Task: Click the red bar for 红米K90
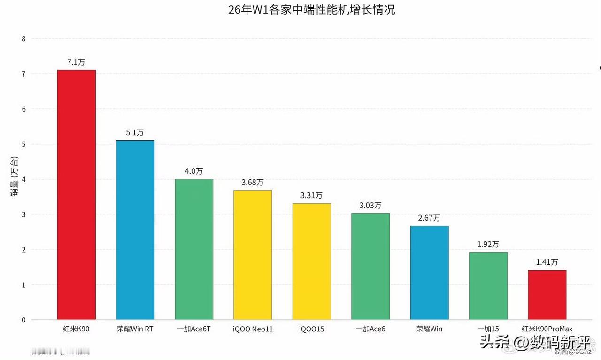[76, 195]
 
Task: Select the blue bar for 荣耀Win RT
[135, 230]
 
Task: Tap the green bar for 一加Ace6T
[194, 249]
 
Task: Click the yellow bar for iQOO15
[312, 261]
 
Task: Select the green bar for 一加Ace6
[370, 266]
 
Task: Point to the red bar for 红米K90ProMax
[547, 295]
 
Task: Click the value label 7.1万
[76, 62]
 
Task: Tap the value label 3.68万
[253, 182]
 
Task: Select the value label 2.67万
[429, 218]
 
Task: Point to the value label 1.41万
[547, 262]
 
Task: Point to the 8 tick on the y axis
[23, 39]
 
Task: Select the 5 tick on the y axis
[23, 144]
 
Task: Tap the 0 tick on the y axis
[23, 320]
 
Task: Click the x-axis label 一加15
[488, 329]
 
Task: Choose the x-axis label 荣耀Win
[429, 329]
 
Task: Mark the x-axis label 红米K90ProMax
[547, 329]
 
